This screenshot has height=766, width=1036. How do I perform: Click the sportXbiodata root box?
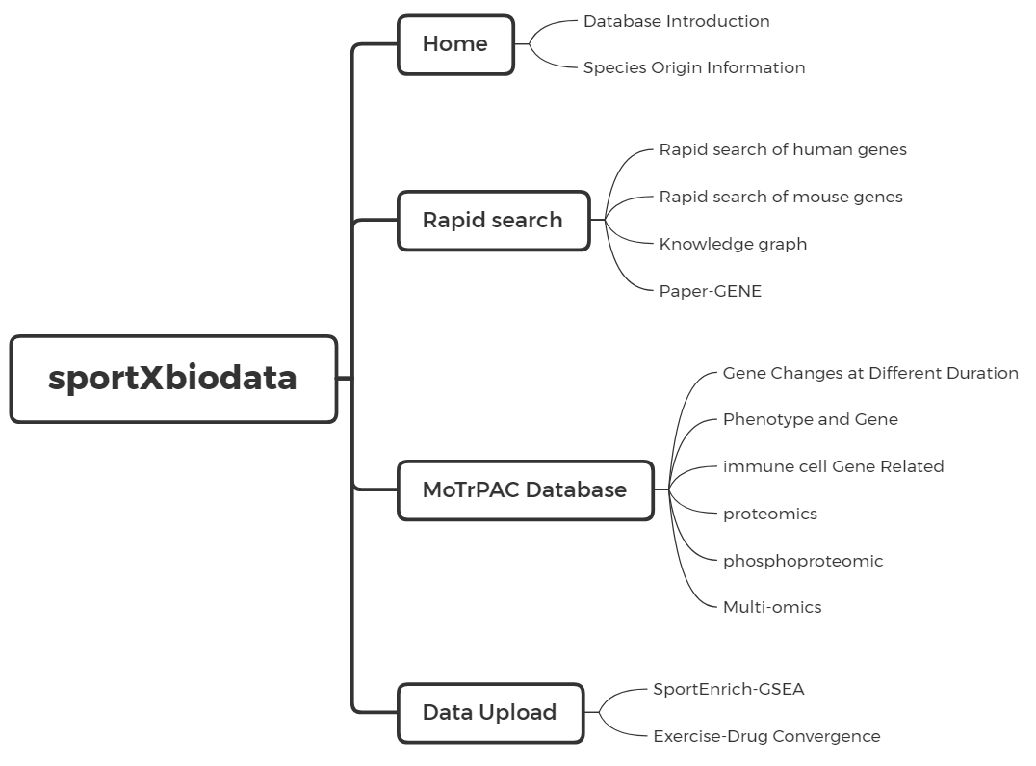173,379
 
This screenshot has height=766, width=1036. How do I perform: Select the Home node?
455,44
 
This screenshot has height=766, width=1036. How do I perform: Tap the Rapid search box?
493,220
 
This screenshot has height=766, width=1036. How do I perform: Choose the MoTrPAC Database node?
525,489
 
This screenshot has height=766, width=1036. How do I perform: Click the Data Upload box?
490,713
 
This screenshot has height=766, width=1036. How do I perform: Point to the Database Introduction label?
676,21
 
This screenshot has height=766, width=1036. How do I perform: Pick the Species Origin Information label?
693,67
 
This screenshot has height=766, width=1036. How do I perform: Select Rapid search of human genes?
783,149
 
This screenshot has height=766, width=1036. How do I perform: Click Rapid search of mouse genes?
781,197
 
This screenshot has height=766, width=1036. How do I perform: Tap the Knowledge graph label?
733,244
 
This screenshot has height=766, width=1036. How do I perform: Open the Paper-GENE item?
710,291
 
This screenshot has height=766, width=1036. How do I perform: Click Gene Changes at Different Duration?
870,373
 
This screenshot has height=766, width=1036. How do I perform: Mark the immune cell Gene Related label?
833,466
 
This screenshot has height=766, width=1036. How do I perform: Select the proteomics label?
769,514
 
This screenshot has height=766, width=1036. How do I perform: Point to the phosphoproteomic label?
802,561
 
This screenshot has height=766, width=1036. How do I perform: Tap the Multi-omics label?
771,607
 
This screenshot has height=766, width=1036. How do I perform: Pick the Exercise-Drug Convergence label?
766,736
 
